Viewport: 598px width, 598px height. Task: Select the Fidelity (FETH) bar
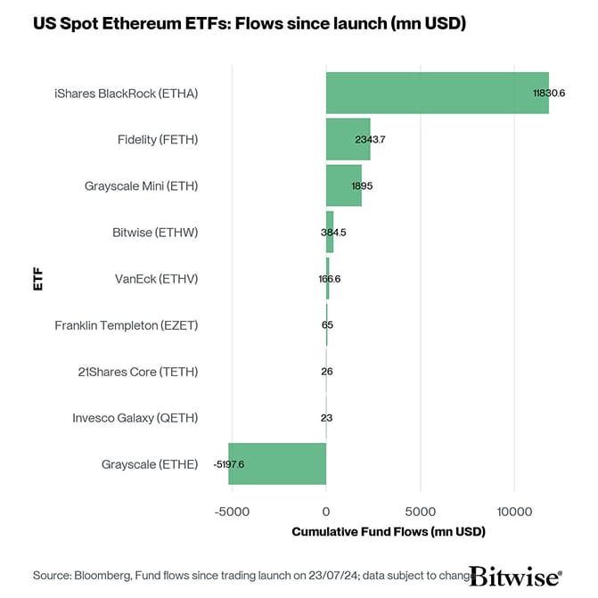[348, 140]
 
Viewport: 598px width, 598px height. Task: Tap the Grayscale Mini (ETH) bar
[343, 186]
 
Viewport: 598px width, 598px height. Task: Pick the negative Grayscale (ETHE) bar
[277, 464]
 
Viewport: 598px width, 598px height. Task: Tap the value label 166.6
[329, 279]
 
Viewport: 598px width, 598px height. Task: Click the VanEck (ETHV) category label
[156, 279]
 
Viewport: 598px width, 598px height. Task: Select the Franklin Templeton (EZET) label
[126, 325]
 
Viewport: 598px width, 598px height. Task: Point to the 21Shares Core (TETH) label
[138, 372]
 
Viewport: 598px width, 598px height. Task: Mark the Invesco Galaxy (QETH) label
[135, 418]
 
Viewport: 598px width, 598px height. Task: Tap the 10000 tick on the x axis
[514, 512]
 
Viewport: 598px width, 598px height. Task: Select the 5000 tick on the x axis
[420, 512]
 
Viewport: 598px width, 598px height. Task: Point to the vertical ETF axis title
[37, 278]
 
